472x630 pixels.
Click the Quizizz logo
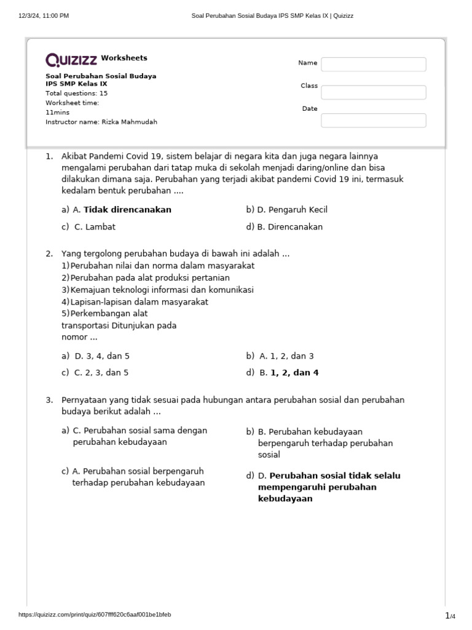(x=71, y=60)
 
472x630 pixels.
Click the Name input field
(x=373, y=64)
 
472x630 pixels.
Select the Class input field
(x=373, y=92)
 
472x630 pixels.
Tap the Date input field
(x=373, y=120)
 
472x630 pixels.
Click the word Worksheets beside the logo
(x=124, y=58)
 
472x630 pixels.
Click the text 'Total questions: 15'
(x=76, y=94)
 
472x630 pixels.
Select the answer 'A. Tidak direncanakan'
(x=122, y=210)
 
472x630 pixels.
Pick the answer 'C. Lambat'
(x=95, y=227)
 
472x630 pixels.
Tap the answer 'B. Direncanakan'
(x=289, y=227)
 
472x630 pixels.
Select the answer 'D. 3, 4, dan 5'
(x=101, y=356)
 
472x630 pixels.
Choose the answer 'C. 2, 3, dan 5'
(x=101, y=373)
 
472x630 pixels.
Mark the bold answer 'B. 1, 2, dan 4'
(x=288, y=373)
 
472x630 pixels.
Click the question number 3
(x=49, y=400)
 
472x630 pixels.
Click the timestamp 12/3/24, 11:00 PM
(x=44, y=16)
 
